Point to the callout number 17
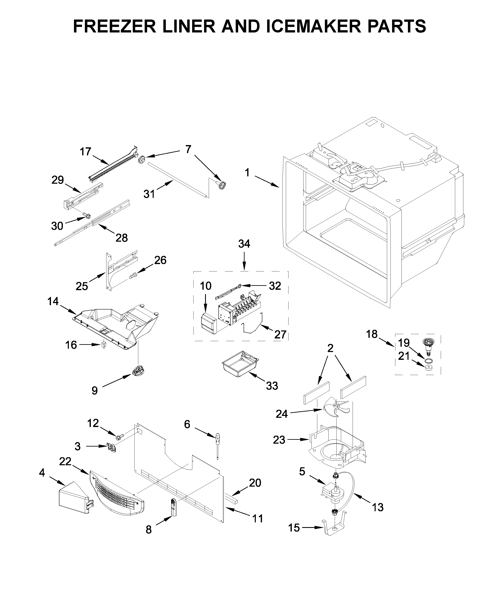pos(85,152)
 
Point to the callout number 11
pos(257,519)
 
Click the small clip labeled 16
pos(104,345)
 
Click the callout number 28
pos(121,238)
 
